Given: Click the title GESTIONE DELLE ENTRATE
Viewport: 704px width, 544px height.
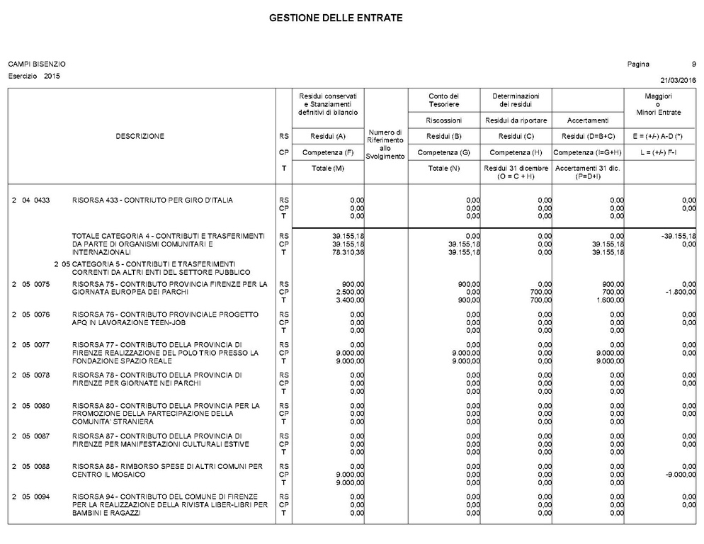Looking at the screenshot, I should pos(336,17).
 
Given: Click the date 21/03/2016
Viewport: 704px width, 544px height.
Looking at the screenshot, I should pos(678,79).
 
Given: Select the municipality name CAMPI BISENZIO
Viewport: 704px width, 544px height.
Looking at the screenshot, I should pos(37,64).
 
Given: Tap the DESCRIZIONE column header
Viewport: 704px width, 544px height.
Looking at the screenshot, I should pos(140,136).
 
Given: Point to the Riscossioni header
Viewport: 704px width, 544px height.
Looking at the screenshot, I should pos(444,120).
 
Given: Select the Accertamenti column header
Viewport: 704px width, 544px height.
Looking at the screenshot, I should pos(588,120).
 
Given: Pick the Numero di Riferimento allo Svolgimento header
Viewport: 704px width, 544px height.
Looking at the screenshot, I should pos(385,144).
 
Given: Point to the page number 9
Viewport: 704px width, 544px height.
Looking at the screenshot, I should pos(693,64).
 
